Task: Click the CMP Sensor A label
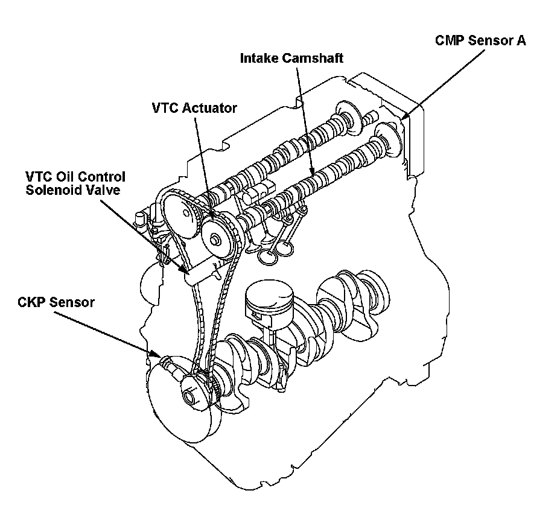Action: click(480, 41)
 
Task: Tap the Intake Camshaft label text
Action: click(291, 59)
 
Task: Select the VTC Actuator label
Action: click(194, 107)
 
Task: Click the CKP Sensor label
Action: click(56, 302)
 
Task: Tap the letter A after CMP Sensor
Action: click(520, 41)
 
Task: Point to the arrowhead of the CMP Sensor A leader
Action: click(404, 117)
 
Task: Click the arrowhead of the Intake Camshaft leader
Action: click(313, 175)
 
